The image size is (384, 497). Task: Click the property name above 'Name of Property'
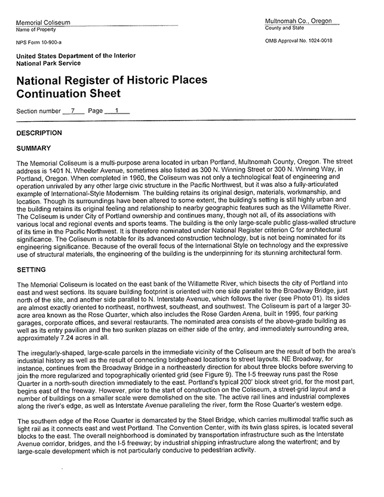43,23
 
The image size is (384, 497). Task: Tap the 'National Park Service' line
48,63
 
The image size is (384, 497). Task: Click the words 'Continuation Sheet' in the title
69,94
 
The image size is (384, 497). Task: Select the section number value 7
72,111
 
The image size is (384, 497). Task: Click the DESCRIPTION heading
39,133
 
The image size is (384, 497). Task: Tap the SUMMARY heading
33,148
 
